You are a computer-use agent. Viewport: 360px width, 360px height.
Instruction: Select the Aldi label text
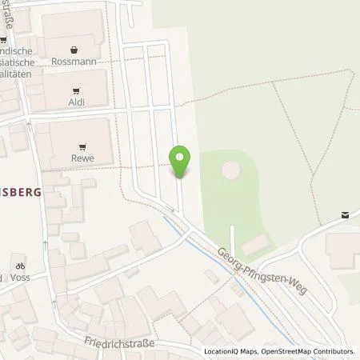[x=77, y=102]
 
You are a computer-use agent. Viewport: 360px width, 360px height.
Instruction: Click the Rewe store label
[x=82, y=158]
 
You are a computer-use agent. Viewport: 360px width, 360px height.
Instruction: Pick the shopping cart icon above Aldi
[x=77, y=90]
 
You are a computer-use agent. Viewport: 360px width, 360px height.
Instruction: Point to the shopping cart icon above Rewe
[x=82, y=146]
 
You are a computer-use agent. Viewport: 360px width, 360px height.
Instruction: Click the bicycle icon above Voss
[x=20, y=266]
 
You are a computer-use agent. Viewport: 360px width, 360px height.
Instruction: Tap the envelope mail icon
[x=345, y=214]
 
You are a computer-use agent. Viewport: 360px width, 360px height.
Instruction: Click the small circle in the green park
[x=230, y=170]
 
